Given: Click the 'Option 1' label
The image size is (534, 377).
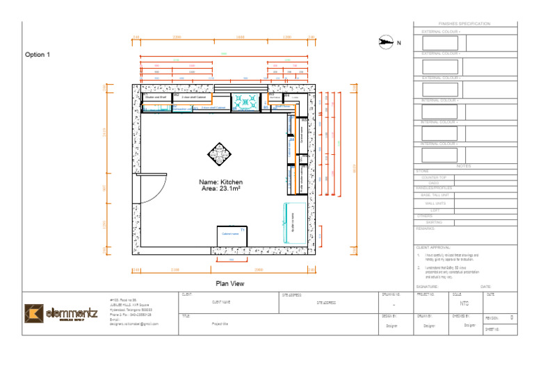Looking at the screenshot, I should click(x=38, y=54).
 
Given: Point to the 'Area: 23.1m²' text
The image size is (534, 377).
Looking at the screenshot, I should click(x=221, y=188).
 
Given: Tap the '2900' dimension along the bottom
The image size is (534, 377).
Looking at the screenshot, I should click(x=259, y=269).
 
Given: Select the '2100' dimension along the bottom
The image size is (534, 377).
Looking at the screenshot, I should click(x=175, y=269).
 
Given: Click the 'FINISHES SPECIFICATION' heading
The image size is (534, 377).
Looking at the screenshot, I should click(x=464, y=24).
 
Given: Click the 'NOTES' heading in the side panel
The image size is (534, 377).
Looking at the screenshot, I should click(x=464, y=167).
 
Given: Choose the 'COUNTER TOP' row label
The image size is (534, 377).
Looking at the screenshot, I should click(x=434, y=178).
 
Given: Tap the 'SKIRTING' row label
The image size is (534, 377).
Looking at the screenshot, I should click(x=434, y=222).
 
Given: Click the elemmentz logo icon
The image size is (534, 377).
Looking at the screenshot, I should click(x=33, y=313).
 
